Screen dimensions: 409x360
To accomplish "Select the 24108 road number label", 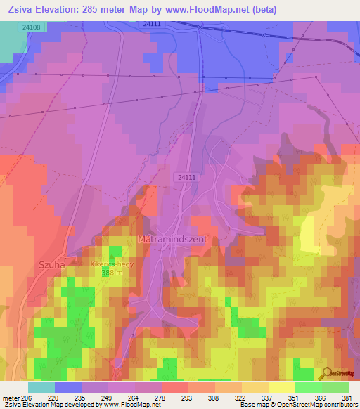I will click(31, 27).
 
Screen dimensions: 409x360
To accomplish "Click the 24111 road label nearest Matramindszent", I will click(186, 178).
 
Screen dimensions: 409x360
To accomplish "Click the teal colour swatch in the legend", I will click(41, 387).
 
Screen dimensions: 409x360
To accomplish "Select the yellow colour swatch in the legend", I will click(282, 387).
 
